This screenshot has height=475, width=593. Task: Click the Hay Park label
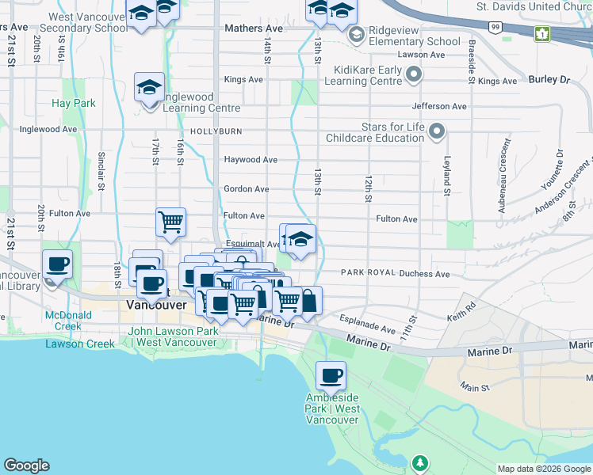pyautogui.click(x=73, y=103)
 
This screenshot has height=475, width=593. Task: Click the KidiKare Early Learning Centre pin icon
pyautogui.click(x=413, y=75)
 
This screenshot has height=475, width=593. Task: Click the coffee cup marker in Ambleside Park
pyautogui.click(x=331, y=375)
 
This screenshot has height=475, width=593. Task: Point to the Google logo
pyautogui.click(x=26, y=465)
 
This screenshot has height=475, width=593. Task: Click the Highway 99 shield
pyautogui.click(x=495, y=27)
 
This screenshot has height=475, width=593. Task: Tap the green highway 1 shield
pyautogui.click(x=542, y=34)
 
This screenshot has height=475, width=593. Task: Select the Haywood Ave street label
pyautogui.click(x=251, y=160)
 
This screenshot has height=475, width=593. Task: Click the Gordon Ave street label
pyautogui.click(x=247, y=189)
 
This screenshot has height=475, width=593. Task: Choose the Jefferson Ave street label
pyautogui.click(x=439, y=106)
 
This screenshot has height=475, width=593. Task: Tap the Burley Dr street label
pyautogui.click(x=549, y=80)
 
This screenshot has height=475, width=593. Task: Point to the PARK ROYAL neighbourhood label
pyautogui.click(x=368, y=273)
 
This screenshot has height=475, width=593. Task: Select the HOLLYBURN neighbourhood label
pyautogui.click(x=214, y=131)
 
